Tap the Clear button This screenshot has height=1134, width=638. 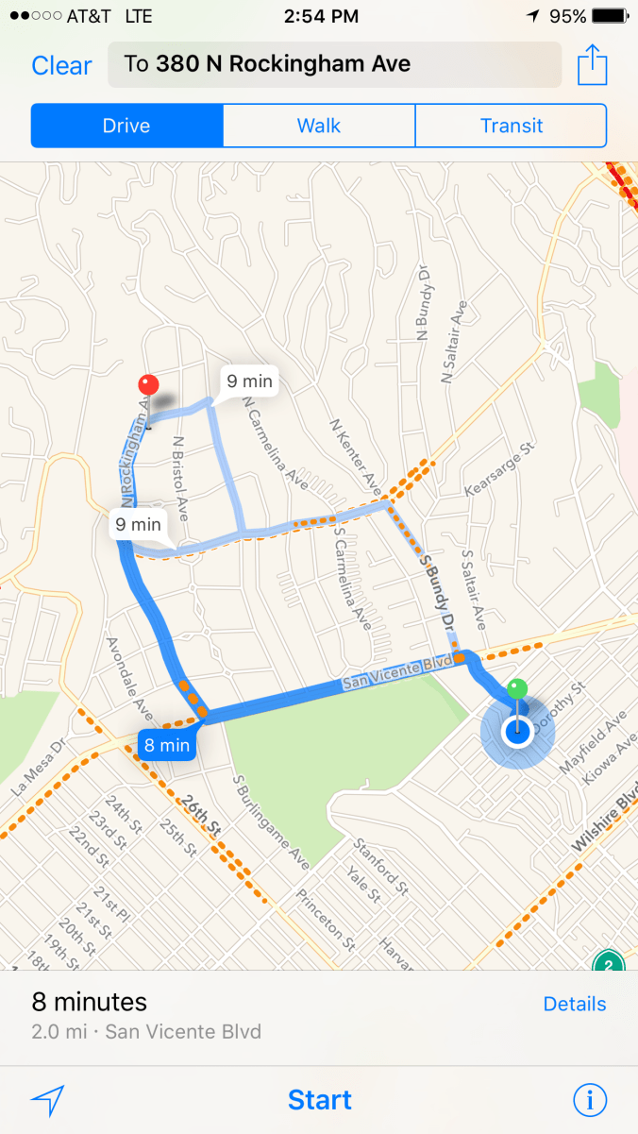coord(61,65)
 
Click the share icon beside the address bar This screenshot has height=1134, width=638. coord(591,65)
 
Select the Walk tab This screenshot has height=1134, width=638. coord(318,126)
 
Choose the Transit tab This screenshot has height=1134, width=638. coord(511,126)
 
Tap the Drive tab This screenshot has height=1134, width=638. coord(126,126)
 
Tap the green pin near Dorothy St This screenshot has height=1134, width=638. coord(516,689)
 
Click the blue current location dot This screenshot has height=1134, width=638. coord(516,732)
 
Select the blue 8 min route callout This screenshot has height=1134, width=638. coord(167,745)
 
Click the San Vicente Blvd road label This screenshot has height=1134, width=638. coord(386,675)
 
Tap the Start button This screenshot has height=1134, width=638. coord(319,1100)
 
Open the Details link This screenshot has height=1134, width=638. coord(575,1004)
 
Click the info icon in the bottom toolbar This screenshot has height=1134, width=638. coord(590,1100)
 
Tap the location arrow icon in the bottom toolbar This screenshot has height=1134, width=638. coord(47,1100)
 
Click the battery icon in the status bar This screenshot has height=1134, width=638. coord(611,17)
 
